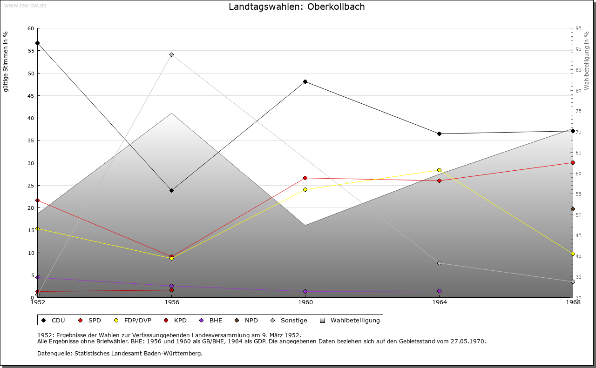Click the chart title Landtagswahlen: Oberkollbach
coord(297,7)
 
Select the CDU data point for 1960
coord(305,82)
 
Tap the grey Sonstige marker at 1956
coord(171,55)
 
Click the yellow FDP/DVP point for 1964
coord(439,170)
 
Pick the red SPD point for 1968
coord(573,163)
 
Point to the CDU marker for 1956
coord(171,190)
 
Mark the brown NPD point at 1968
coord(573,209)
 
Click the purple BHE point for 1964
coord(439,291)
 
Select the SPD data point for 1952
coord(38,201)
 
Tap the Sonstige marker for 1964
coord(439,263)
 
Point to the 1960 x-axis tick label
coord(305,303)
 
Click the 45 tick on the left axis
coord(31,96)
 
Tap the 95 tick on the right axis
coord(578,29)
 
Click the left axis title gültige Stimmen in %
coord(6,62)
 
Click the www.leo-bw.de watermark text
coord(25,5)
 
